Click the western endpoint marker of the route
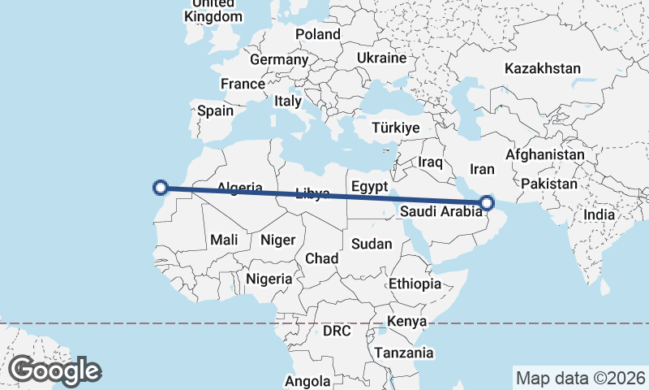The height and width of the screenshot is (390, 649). tap(161, 188)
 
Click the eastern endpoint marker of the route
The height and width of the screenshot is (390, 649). tap(487, 202)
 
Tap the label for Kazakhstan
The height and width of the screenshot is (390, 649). tap(542, 68)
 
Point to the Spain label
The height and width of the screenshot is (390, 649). tap(215, 111)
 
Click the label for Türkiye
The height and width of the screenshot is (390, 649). tap(395, 128)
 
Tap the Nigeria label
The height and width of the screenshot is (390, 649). tap(269, 279)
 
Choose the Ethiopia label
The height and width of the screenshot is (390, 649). tap(415, 284)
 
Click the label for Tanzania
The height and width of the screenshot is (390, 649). tap(403, 353)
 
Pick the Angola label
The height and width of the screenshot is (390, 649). tap(308, 381)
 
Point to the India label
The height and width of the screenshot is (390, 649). tap(600, 214)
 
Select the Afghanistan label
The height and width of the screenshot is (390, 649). tap(544, 154)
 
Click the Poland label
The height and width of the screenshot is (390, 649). tap(318, 34)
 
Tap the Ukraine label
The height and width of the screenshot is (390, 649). tap(381, 58)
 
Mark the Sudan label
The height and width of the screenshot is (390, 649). tap(372, 244)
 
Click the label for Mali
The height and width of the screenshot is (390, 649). tap(223, 240)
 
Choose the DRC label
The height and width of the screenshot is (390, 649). tap(337, 331)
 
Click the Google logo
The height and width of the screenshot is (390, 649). tap(54, 370)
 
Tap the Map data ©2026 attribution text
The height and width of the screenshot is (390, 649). tap(579, 378)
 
